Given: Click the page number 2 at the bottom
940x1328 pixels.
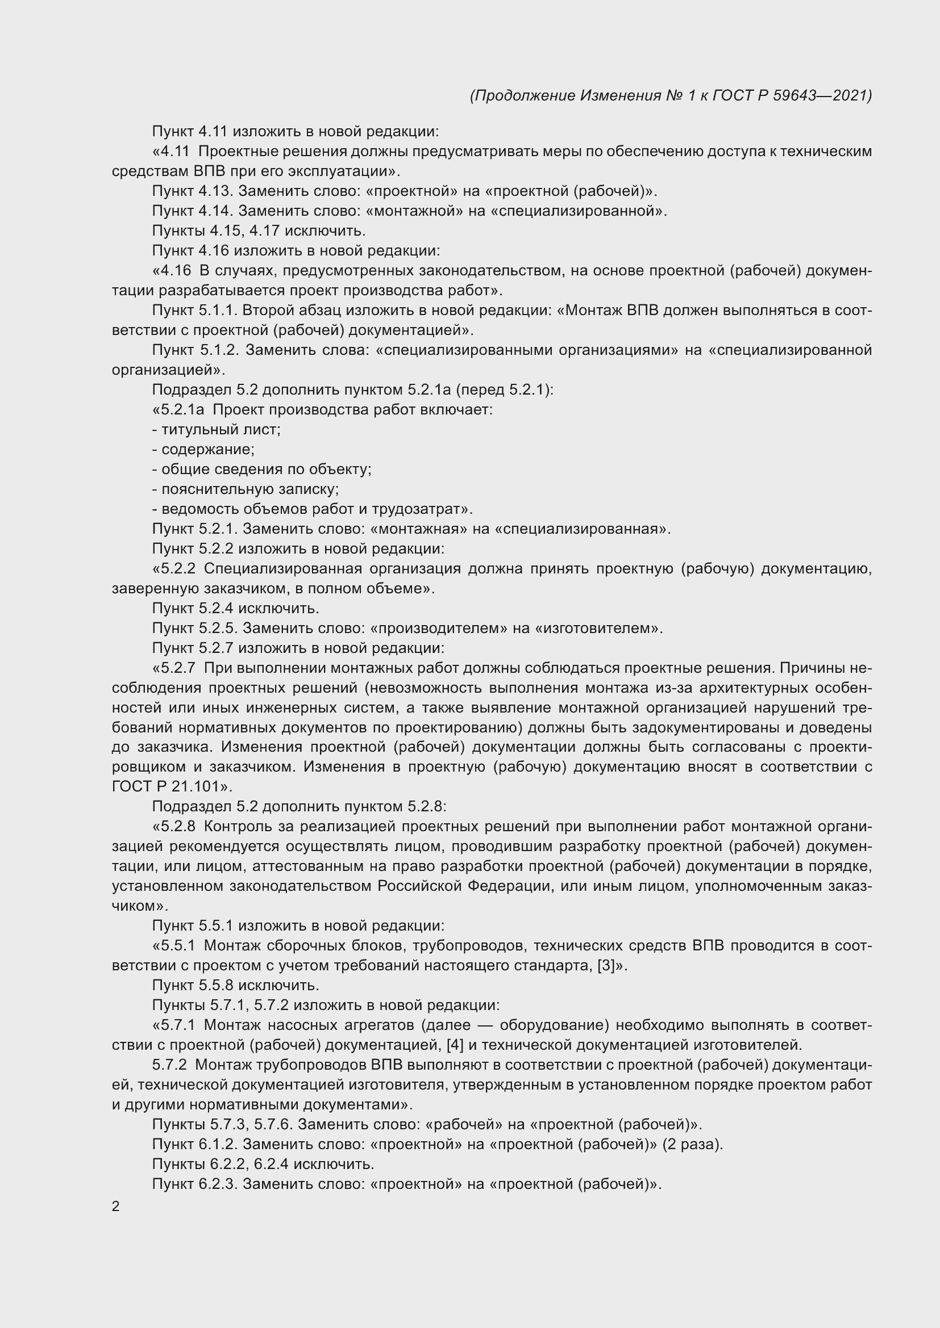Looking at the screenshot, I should pyautogui.click(x=116, y=1206).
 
